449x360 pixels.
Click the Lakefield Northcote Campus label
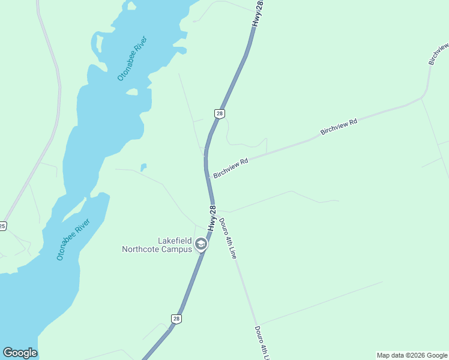(x=157, y=245)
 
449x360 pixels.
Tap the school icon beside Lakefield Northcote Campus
(x=201, y=244)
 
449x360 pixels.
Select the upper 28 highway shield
(x=220, y=113)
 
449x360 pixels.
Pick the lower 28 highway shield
(x=176, y=319)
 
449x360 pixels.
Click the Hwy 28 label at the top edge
(x=258, y=13)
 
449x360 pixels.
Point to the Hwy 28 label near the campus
(x=212, y=220)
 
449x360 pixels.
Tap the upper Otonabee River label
(x=132, y=58)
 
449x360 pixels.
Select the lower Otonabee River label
(x=73, y=239)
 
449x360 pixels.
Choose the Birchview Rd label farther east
(x=339, y=126)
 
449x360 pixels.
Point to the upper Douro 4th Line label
(x=228, y=238)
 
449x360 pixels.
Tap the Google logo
(x=20, y=353)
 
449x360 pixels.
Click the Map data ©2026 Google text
(x=412, y=355)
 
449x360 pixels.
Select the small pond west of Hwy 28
(x=143, y=167)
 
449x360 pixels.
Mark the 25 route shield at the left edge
(x=2, y=226)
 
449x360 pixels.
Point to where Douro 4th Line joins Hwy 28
(x=213, y=210)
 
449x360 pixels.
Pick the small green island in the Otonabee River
(x=132, y=92)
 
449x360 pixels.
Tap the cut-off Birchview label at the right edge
(x=438, y=54)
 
